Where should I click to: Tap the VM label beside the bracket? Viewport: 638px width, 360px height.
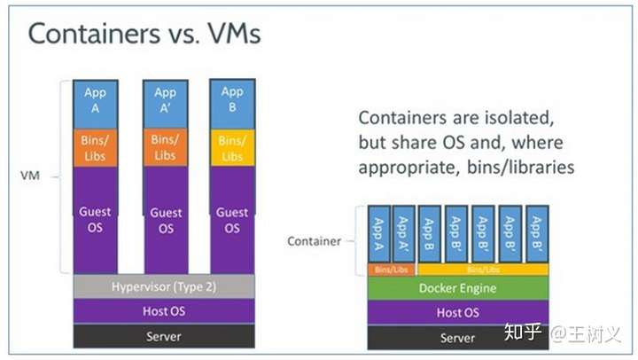30,176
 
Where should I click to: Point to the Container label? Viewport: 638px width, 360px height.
314,240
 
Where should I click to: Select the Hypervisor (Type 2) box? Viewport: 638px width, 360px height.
164,286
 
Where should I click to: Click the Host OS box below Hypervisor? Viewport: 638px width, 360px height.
164,311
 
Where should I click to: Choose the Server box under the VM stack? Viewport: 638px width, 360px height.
164,336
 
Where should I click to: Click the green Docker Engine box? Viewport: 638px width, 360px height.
457,288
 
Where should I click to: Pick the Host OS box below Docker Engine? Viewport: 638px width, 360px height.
457,312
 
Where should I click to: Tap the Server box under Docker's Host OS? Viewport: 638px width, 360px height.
457,338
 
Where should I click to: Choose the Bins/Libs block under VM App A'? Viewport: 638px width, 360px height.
166,148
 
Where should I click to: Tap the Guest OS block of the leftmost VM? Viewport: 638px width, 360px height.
95,220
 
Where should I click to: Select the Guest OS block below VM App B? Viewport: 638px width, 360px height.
232,220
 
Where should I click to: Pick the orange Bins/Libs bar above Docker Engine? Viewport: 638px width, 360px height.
390,269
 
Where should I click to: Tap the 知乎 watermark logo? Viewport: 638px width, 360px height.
522,333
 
